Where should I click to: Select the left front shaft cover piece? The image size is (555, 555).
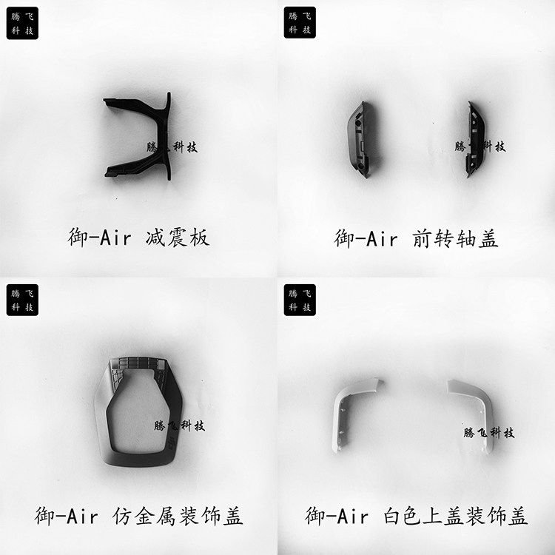(x=360, y=140)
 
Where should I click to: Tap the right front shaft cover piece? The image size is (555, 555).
(x=475, y=140)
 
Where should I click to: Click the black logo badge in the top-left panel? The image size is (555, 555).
(x=22, y=23)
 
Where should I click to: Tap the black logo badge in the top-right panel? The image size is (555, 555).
(x=300, y=23)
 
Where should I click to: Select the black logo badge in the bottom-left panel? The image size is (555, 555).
(x=22, y=300)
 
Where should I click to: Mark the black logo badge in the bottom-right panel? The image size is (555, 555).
(x=300, y=300)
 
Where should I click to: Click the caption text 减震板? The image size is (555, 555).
(x=178, y=238)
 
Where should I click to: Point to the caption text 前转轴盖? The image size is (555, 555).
(x=456, y=238)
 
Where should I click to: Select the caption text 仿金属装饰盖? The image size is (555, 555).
(x=178, y=516)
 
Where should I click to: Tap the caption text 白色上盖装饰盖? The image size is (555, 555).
(x=456, y=516)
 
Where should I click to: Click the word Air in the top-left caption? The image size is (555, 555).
(x=115, y=238)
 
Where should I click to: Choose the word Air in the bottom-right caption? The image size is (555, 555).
(x=352, y=516)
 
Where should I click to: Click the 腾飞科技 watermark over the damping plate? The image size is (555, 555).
(x=172, y=147)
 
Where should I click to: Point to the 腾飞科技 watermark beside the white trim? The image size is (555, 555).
(x=489, y=433)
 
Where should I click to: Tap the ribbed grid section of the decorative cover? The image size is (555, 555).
(x=138, y=364)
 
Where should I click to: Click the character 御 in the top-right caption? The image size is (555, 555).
(x=344, y=238)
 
